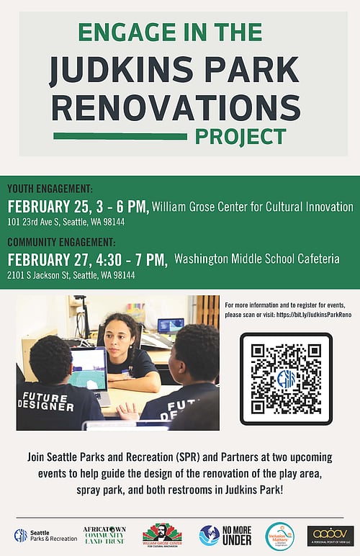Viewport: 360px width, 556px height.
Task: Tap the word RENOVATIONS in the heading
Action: click(x=176, y=107)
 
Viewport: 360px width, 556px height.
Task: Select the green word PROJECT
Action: click(x=240, y=135)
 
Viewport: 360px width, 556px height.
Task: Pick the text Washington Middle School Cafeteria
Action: click(x=257, y=259)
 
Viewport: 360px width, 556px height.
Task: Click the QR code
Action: click(x=286, y=379)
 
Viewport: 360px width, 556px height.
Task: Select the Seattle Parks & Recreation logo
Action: click(x=44, y=536)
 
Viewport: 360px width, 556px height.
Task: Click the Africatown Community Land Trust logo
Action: click(x=104, y=534)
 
